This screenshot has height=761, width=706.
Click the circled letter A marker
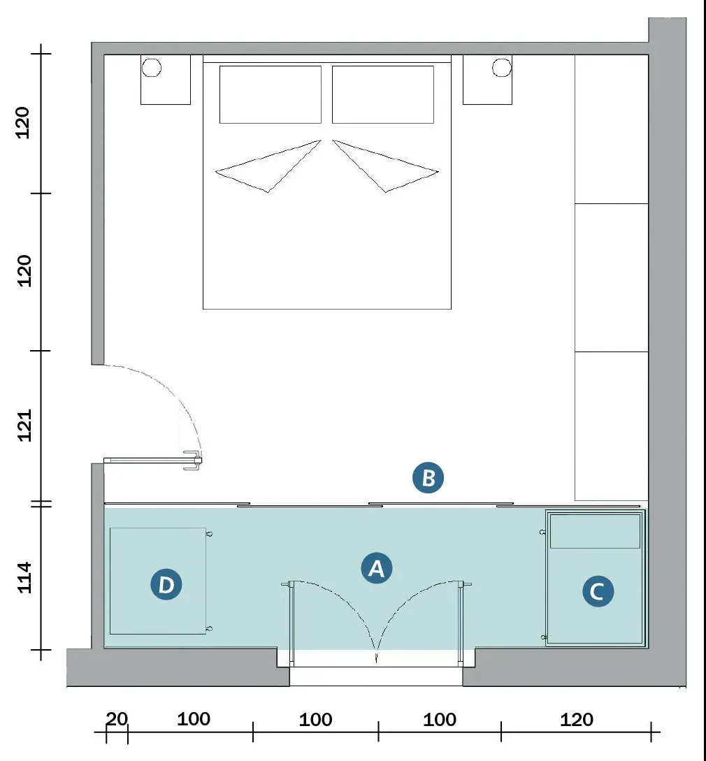tap(376, 567)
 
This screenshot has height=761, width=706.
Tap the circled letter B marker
tap(428, 477)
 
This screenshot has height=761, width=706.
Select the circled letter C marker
tap(598, 591)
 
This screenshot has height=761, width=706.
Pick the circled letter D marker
tap(166, 584)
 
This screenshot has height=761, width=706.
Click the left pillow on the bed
tap(271, 94)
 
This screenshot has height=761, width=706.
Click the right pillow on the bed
tap(383, 94)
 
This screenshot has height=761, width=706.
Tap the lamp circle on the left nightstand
tap(152, 68)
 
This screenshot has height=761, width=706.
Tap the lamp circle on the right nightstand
tap(502, 68)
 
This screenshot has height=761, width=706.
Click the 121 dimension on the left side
tap(24, 426)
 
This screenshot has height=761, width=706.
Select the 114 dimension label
tap(24, 577)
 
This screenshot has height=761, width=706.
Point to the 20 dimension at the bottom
tap(117, 719)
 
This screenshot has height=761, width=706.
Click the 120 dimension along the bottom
tap(577, 719)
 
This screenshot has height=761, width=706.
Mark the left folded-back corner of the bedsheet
tap(268, 166)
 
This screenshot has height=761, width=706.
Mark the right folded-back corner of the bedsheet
tap(386, 166)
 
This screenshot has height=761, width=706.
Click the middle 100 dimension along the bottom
tap(316, 719)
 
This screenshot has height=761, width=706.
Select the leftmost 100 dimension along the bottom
tap(193, 719)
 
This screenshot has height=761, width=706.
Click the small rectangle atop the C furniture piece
tap(596, 531)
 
